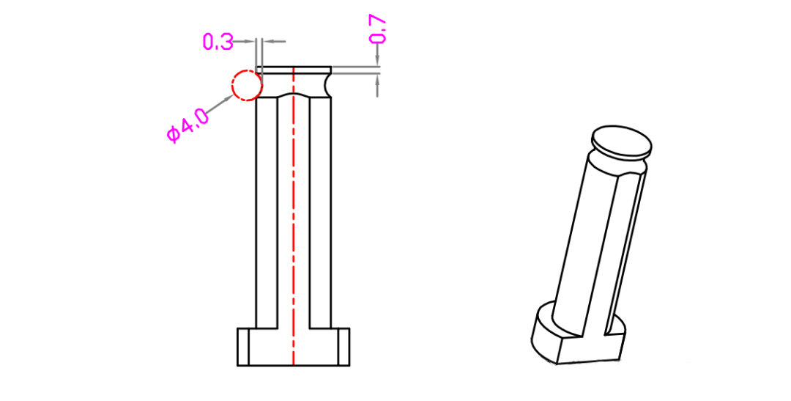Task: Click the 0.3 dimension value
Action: pyautogui.click(x=218, y=41)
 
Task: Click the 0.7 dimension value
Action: pyautogui.click(x=379, y=29)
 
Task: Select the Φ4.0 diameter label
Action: pyautogui.click(x=187, y=126)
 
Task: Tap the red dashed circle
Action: pyautogui.click(x=233, y=86)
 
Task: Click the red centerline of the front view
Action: pyautogui.click(x=294, y=216)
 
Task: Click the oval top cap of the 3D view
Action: pyautogui.click(x=622, y=141)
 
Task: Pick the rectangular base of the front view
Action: pyautogui.click(x=293, y=347)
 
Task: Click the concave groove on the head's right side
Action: pyautogui.click(x=328, y=85)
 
